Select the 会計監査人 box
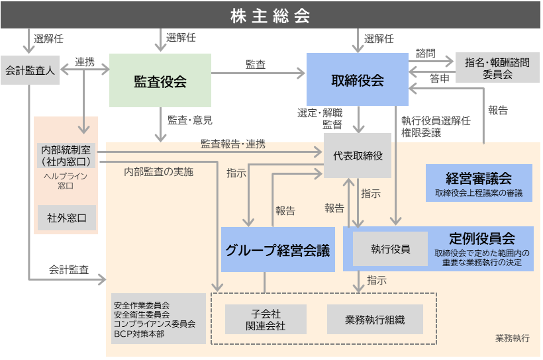click(x=30, y=69)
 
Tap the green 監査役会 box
click(x=160, y=81)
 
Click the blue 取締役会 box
click(x=357, y=81)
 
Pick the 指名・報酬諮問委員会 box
click(x=497, y=68)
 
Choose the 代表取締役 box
click(x=358, y=156)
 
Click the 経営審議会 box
click(x=479, y=183)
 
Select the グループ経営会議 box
click(x=276, y=249)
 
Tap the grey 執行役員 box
click(x=390, y=249)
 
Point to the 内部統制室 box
click(x=66, y=156)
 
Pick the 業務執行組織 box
click(x=374, y=319)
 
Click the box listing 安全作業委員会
click(x=158, y=319)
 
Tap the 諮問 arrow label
click(x=426, y=52)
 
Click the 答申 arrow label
click(x=438, y=79)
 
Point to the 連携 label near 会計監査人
click(x=85, y=62)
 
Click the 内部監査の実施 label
click(x=159, y=172)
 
